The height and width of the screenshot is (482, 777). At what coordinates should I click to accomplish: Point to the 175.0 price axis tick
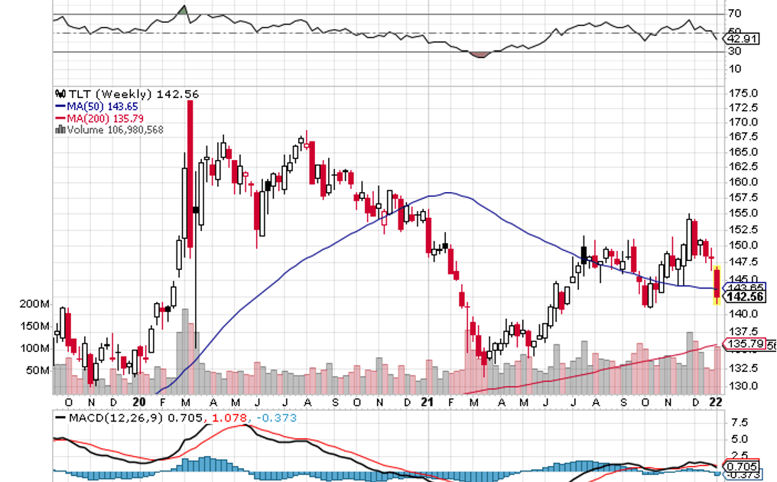click(742, 93)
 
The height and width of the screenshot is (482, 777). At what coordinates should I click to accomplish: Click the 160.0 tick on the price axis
click(742, 182)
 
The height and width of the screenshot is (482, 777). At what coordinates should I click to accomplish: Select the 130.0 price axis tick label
click(742, 386)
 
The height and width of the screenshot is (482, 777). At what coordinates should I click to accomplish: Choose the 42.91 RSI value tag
click(742, 38)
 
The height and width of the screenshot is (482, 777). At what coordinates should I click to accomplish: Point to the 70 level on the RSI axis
click(734, 13)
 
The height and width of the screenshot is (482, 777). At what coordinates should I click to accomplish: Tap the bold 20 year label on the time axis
click(138, 402)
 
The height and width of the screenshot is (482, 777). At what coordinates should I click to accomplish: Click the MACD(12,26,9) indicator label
click(112, 418)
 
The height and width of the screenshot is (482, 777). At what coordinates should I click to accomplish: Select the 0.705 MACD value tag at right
click(743, 466)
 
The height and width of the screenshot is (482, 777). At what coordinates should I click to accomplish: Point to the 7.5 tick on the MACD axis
click(739, 422)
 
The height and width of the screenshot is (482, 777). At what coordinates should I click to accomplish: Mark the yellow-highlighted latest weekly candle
click(717, 285)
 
